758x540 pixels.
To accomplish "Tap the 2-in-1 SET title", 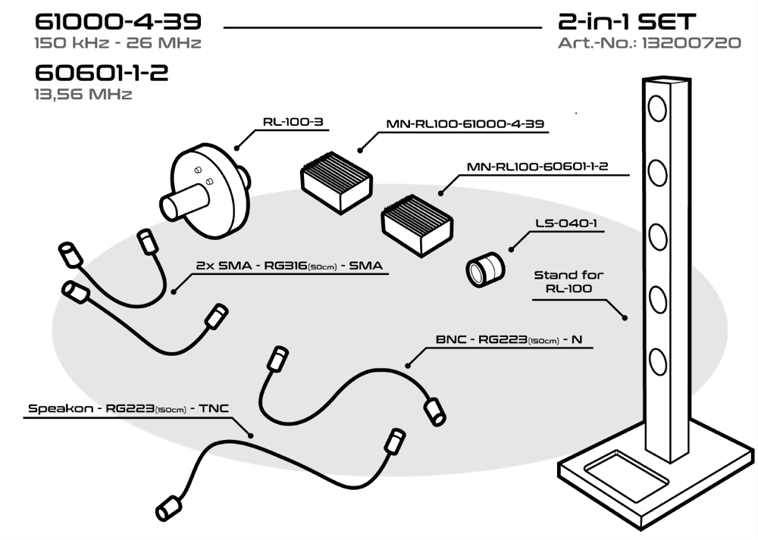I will coord(626,20).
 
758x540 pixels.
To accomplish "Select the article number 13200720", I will coord(691,42).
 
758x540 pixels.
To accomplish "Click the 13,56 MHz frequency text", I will coord(83,95).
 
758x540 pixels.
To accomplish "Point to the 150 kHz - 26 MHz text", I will coord(117,42).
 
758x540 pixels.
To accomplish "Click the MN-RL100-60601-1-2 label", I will coord(548,167).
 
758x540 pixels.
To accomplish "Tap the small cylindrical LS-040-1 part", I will coord(484,270).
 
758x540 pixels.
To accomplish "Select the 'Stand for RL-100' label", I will coord(568,281).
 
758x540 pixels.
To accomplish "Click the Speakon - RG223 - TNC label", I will coord(127,409).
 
